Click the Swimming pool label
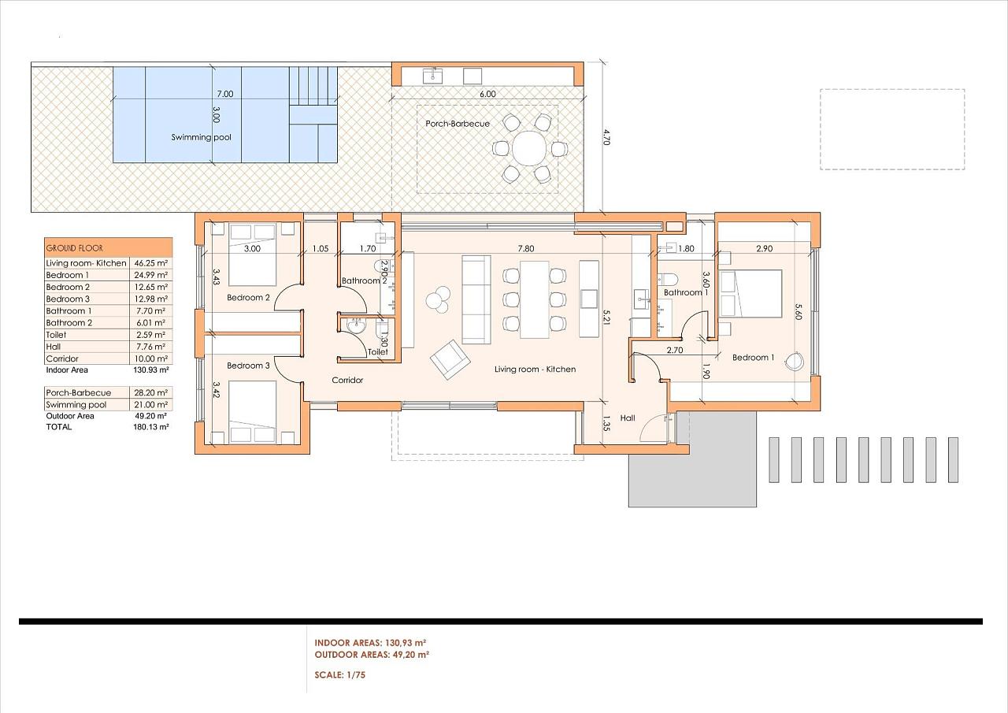(x=201, y=137)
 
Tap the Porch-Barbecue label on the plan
(x=458, y=124)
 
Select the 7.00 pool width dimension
(x=225, y=94)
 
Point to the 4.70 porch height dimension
(x=606, y=137)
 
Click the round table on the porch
(x=529, y=148)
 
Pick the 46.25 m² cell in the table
(x=150, y=263)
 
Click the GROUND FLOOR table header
(x=75, y=248)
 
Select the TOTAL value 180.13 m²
(x=150, y=427)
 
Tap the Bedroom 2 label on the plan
(x=248, y=298)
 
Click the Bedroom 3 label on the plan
(x=248, y=366)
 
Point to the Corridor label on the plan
(x=347, y=381)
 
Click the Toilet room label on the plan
(x=377, y=352)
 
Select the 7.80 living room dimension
(x=526, y=248)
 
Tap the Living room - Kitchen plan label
(x=535, y=369)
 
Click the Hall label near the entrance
(x=628, y=418)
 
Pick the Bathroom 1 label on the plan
(x=683, y=292)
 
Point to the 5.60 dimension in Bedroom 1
(x=799, y=311)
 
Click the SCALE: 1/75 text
(x=339, y=675)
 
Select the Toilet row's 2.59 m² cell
(x=150, y=335)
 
